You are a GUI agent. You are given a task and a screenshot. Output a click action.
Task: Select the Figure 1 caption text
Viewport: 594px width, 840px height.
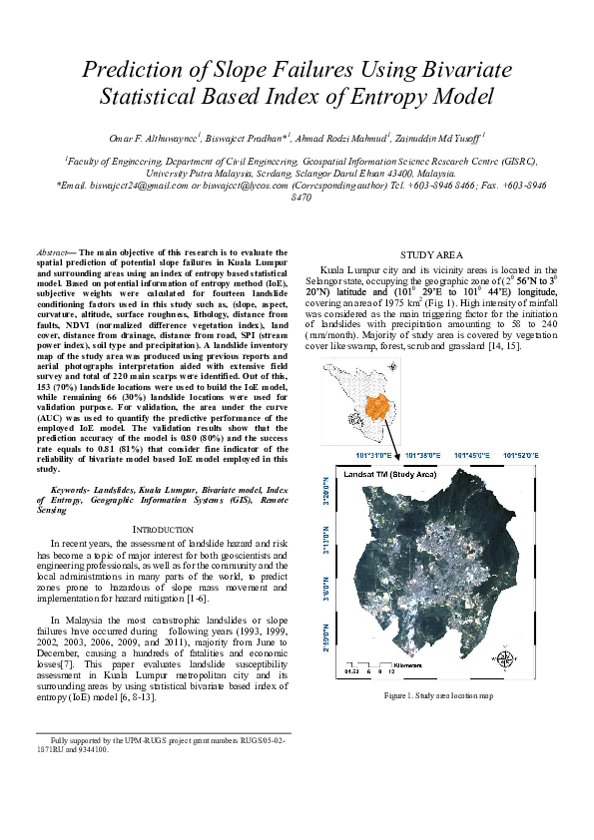(436, 694)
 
